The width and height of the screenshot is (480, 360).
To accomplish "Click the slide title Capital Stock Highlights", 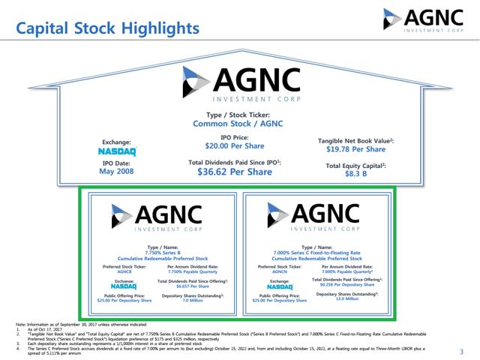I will point(108,28).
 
